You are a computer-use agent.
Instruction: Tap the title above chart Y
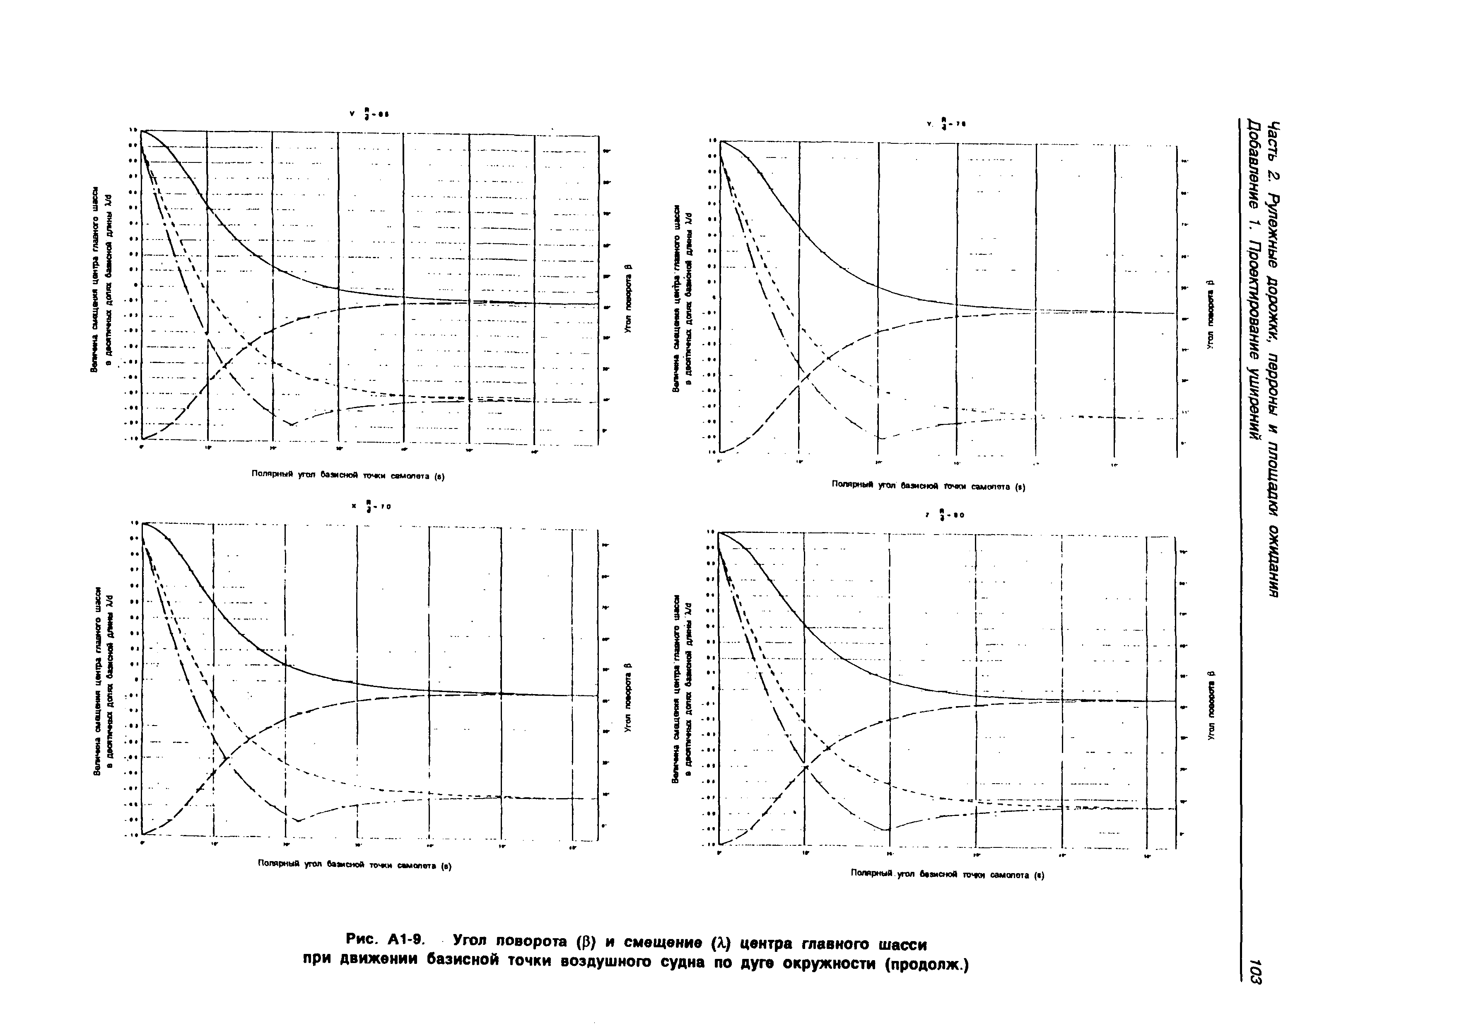pos(946,124)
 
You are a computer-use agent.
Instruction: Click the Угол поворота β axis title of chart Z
pos(1210,705)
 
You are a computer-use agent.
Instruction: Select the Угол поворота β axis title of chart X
pos(627,697)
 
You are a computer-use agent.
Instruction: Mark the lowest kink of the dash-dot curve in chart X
pos(298,821)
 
